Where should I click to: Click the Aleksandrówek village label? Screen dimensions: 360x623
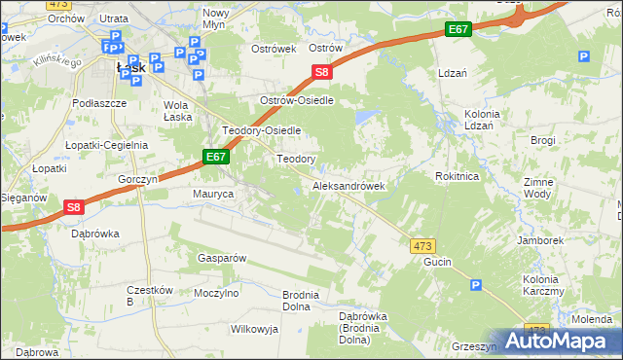click(348, 186)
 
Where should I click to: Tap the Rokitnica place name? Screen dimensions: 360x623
click(457, 177)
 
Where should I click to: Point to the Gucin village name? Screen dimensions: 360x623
click(438, 264)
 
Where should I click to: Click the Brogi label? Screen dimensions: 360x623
click(543, 140)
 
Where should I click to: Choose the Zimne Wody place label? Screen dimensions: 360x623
click(538, 188)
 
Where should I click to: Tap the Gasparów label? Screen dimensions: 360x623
click(221, 258)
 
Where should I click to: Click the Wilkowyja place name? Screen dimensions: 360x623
click(254, 329)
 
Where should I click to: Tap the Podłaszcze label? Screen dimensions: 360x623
click(100, 102)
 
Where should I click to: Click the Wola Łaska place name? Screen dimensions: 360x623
click(176, 111)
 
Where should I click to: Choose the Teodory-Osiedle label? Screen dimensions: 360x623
click(262, 130)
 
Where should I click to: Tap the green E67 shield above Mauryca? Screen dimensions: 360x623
click(217, 156)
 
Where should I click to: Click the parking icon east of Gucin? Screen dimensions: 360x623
click(475, 285)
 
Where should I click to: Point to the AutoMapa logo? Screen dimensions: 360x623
click(560, 341)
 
